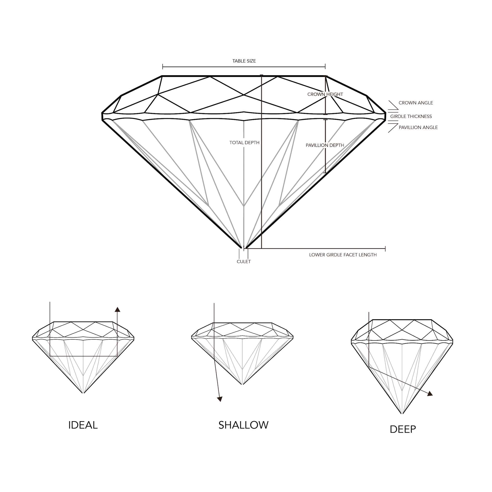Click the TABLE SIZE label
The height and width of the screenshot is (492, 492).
click(x=244, y=61)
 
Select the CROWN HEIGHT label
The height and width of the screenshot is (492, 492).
click(x=325, y=94)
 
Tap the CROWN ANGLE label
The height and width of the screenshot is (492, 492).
click(x=416, y=103)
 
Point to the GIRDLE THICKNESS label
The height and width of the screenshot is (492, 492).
click(x=411, y=117)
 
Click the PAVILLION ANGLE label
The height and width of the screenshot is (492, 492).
click(x=418, y=127)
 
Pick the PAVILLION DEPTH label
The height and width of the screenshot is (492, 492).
click(x=325, y=145)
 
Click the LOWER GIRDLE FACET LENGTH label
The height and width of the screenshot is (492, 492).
click(x=343, y=255)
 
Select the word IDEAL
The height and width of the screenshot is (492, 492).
click(x=84, y=425)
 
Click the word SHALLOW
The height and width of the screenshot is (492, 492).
click(x=244, y=425)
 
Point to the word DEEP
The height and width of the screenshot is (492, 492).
click(x=403, y=429)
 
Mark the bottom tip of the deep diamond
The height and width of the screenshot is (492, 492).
click(x=402, y=414)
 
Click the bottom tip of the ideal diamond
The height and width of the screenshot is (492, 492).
click(x=83, y=393)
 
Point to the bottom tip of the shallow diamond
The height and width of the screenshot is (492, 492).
click(x=242, y=385)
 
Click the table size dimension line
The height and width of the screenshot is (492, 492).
click(x=244, y=68)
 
